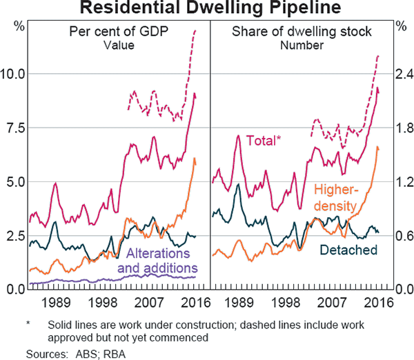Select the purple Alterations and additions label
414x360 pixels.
click(x=158, y=261)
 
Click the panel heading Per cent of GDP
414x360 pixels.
click(x=117, y=32)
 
